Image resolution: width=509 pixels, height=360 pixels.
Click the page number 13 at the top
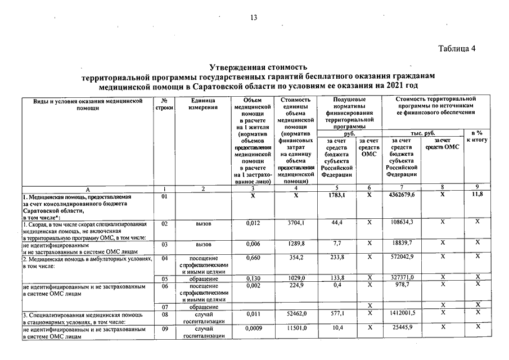[x=254, y=17]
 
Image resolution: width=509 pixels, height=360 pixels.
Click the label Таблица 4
[x=457, y=48]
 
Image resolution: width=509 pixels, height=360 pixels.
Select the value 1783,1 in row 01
[x=336, y=195]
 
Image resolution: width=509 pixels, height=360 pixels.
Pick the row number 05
[x=164, y=278]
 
